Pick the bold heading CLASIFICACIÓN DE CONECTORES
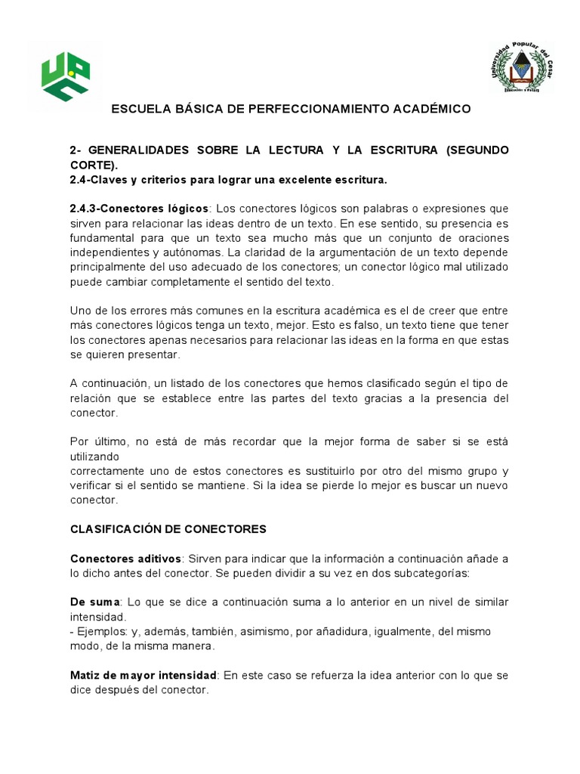coord(168,530)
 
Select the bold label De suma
coord(95,602)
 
